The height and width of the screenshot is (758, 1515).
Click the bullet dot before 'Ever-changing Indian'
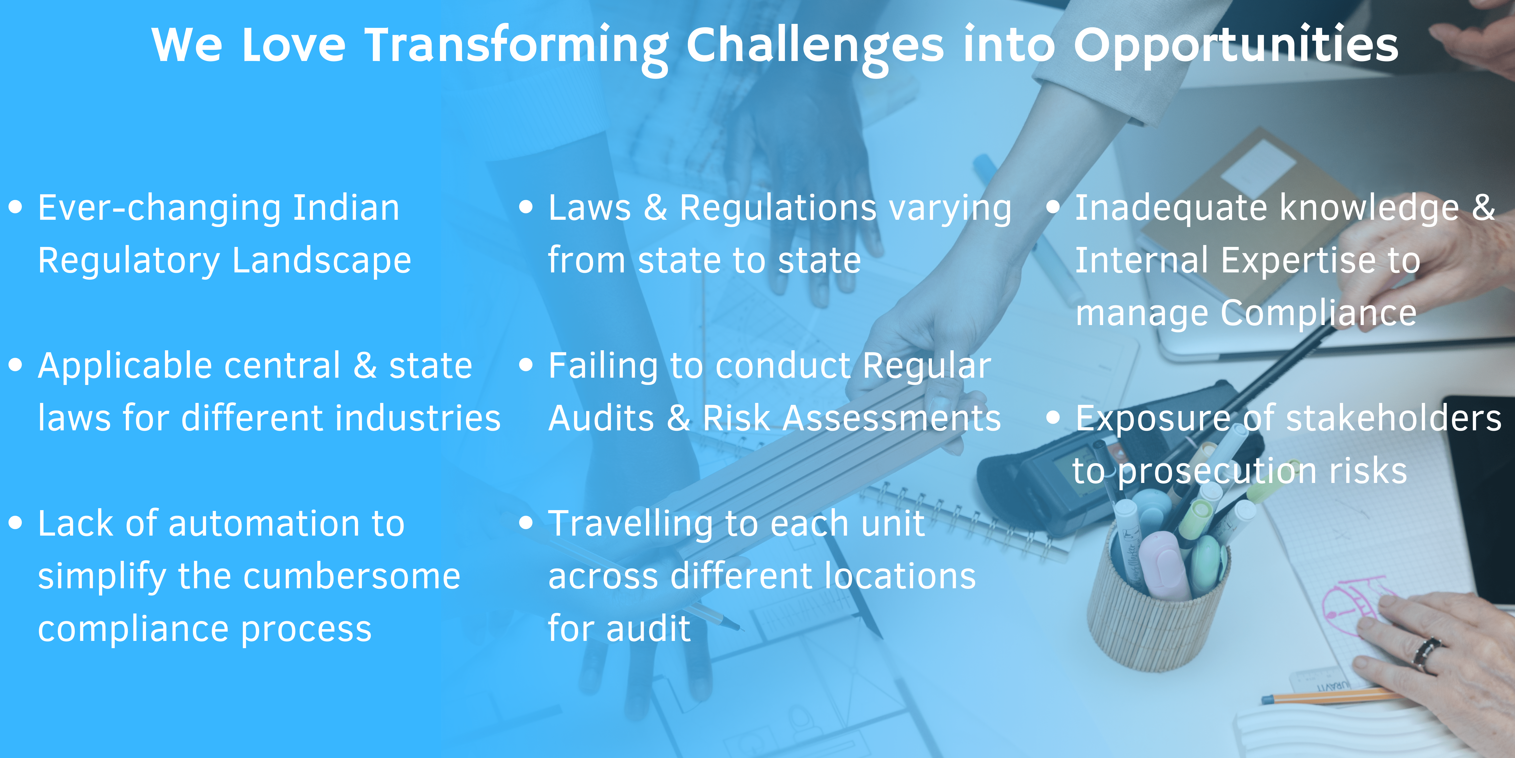pyautogui.click(x=16, y=207)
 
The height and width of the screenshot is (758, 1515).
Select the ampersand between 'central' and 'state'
pyautogui.click(x=365, y=365)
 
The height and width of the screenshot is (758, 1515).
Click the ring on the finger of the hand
pyautogui.click(x=1426, y=654)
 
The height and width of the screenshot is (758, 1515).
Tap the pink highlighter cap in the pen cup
pyautogui.click(x=1159, y=565)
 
